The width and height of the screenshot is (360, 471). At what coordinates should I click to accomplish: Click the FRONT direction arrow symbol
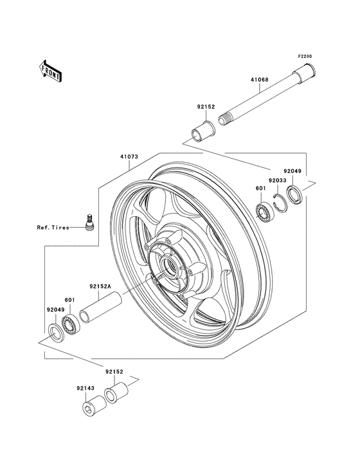(x=50, y=70)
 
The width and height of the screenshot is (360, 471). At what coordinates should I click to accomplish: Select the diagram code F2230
(x=304, y=57)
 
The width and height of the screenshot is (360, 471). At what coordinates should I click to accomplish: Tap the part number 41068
(x=260, y=80)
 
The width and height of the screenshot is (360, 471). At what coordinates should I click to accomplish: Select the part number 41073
(x=129, y=156)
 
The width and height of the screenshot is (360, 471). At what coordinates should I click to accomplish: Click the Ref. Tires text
(x=52, y=226)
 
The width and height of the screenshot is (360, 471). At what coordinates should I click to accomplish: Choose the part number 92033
(x=278, y=181)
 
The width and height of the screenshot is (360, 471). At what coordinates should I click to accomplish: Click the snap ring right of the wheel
(x=280, y=199)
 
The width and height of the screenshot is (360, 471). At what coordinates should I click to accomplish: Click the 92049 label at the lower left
(x=55, y=309)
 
